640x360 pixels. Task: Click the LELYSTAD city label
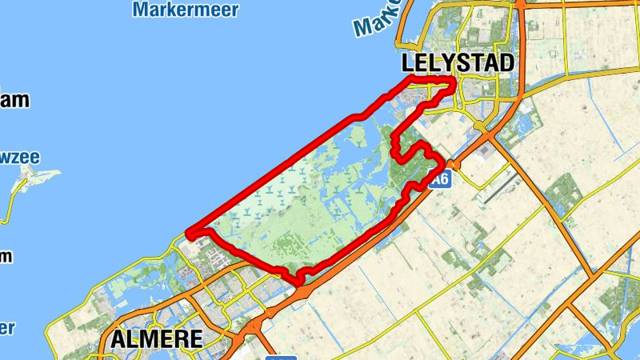coord(458,63)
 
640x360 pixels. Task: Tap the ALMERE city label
coord(156,339)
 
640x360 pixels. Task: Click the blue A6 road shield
coord(438,180)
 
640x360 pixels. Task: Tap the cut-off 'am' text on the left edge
coord(14,101)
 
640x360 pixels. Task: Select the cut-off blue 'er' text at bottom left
coord(7,328)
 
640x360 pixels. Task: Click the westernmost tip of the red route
coord(187,234)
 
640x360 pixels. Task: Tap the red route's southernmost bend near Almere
coord(299,281)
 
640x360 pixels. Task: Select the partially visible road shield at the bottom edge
coord(281,357)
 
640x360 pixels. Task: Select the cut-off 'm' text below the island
coord(6,257)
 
